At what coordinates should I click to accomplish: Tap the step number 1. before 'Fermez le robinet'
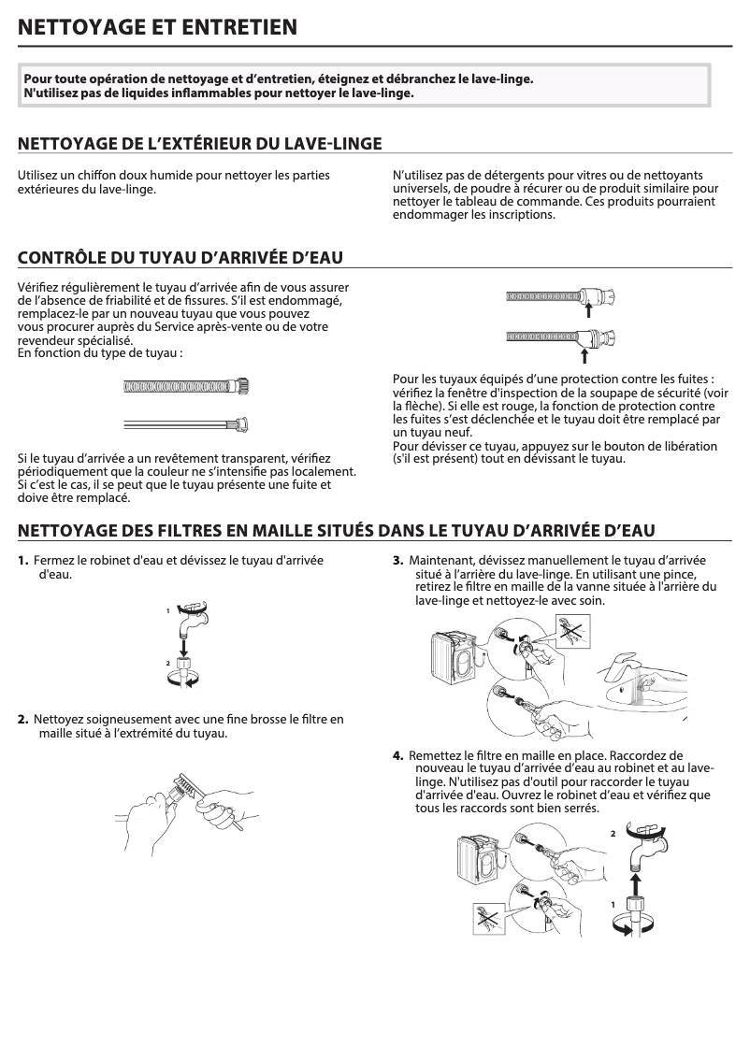23,560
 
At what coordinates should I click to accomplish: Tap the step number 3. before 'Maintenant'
397,560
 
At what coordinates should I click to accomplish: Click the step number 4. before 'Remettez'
397,754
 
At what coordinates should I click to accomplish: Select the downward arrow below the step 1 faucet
184,645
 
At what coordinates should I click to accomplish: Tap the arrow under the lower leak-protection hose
584,355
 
